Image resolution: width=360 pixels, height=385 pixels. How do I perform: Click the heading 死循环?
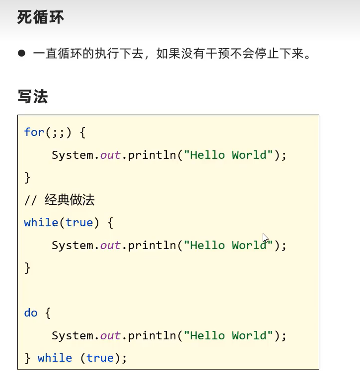[x=41, y=17]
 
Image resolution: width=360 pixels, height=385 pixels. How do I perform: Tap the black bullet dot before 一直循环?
[x=21, y=53]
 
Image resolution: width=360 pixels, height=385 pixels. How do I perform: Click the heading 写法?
[x=33, y=96]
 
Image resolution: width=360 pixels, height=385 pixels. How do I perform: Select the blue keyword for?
[x=34, y=132]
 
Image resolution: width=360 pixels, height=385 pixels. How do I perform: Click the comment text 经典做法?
[x=70, y=200]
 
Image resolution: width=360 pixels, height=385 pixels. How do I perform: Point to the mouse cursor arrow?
[x=265, y=238]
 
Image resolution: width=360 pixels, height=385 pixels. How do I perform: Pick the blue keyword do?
[x=30, y=313]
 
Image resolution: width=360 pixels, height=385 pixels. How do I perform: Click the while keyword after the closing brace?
[x=55, y=358]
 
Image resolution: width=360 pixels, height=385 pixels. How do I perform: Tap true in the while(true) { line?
[x=79, y=223]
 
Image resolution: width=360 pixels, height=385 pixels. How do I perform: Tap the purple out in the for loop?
[x=110, y=155]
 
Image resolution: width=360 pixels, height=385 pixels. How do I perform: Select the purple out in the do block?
[x=110, y=336]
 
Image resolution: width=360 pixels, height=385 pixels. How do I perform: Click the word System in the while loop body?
[x=72, y=246]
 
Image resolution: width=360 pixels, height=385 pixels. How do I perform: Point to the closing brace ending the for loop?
[x=27, y=177]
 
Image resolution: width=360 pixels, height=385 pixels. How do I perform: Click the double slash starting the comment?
[x=30, y=200]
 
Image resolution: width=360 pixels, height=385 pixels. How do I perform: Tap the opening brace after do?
[x=48, y=313]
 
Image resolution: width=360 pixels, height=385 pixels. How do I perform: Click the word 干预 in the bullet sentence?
[x=217, y=53]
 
